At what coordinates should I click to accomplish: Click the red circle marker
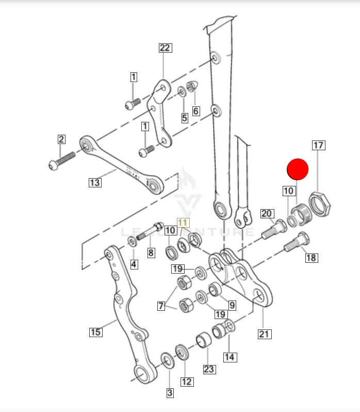(297, 169)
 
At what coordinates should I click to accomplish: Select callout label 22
(164, 49)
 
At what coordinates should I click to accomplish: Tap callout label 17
(318, 145)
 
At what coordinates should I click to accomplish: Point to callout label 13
(94, 182)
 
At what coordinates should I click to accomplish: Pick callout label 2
(61, 139)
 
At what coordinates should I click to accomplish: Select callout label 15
(95, 332)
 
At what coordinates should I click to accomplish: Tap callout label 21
(264, 334)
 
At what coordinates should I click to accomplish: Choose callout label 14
(229, 356)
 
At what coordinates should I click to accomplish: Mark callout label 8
(151, 252)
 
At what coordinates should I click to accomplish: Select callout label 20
(267, 213)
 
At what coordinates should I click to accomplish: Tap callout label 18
(312, 258)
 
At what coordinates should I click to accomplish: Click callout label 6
(195, 110)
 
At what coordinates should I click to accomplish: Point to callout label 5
(184, 117)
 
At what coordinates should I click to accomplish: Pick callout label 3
(170, 393)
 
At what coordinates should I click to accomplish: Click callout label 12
(187, 382)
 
